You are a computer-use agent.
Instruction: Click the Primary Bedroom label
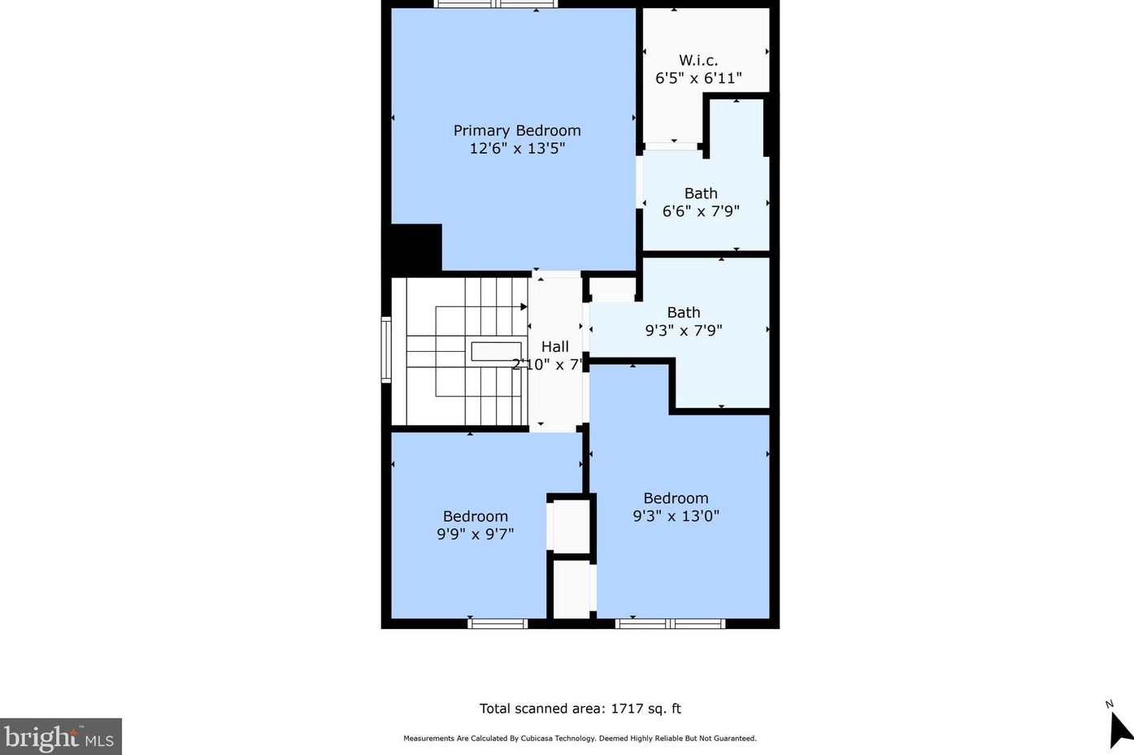[517, 130]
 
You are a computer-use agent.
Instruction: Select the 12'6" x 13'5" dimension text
[517, 149]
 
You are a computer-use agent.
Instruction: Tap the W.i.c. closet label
[698, 60]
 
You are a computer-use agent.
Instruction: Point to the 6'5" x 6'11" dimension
[698, 78]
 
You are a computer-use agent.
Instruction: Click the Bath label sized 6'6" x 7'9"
[701, 193]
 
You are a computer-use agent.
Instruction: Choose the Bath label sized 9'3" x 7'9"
[684, 312]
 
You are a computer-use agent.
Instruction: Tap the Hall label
[555, 347]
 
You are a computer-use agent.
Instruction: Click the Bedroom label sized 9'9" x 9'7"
[476, 516]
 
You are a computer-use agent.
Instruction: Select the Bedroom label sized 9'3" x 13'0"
[676, 498]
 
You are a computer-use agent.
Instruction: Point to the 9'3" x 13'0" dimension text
[676, 516]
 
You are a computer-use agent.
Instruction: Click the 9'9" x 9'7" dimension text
[476, 534]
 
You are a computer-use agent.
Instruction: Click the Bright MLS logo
[60, 737]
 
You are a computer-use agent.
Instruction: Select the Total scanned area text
[580, 709]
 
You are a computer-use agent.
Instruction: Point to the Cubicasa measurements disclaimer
[580, 739]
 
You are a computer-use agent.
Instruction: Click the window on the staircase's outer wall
[386, 349]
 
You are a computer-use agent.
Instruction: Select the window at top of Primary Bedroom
[496, 4]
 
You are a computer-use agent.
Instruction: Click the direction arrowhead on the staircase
[524, 307]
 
